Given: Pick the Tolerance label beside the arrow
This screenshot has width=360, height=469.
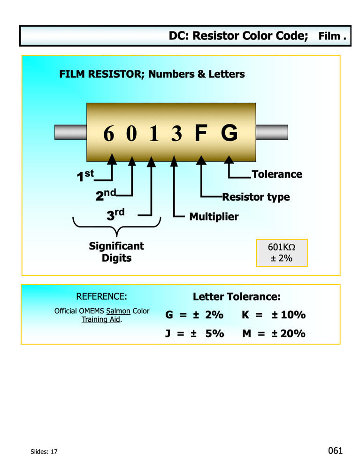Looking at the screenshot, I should pos(277,174).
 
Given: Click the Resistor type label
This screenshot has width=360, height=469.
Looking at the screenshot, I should pos(256,197).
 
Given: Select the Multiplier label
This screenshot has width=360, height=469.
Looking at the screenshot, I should pos(214,217).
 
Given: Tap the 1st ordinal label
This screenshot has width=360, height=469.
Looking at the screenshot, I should pos(85,176).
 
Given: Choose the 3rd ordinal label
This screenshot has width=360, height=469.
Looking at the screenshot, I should pos(115,215).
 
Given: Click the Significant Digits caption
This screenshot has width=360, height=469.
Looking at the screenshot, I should pos(116,252).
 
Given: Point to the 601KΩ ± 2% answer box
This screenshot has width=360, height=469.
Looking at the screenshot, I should pos(281,253).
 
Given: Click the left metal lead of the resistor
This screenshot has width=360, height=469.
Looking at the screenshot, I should pos(70,132).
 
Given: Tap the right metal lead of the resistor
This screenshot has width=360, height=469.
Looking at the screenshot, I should pos(272,132).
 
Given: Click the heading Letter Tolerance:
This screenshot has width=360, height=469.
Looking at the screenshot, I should pos(237,297).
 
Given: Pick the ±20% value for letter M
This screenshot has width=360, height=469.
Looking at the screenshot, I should pos(288,333).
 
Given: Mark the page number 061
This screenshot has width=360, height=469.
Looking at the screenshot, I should pos(336,451).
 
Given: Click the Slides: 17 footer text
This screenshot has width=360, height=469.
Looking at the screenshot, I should pos(41,452).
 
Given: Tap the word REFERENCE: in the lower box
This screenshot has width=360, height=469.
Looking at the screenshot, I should pos(101,296).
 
